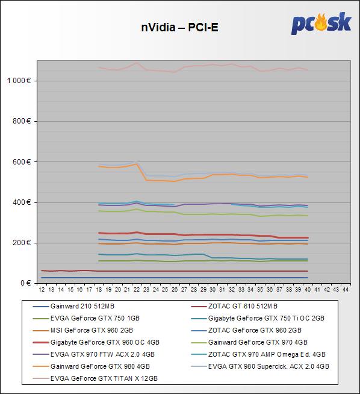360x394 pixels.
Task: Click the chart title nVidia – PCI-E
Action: click(x=179, y=27)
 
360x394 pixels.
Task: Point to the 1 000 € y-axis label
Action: click(x=19, y=81)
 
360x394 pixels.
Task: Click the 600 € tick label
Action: click(x=22, y=162)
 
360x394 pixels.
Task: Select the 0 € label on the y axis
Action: click(x=26, y=283)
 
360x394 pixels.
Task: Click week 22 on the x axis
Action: click(x=137, y=290)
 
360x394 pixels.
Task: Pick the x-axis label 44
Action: click(x=346, y=290)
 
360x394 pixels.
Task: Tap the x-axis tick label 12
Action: click(x=42, y=290)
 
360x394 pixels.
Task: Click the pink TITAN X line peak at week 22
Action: click(x=137, y=63)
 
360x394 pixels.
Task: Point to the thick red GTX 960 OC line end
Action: click(x=308, y=238)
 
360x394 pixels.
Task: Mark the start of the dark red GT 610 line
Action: click(x=42, y=270)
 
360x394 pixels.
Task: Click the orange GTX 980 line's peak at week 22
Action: click(x=137, y=164)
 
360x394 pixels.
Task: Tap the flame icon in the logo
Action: click(x=321, y=22)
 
